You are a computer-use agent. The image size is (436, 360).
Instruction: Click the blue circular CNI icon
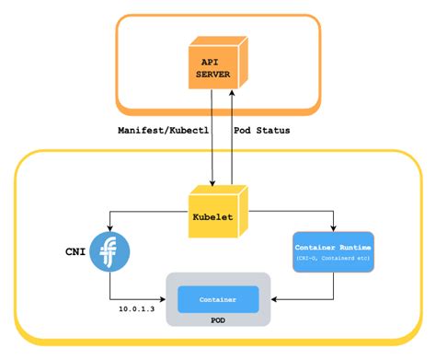(109, 251)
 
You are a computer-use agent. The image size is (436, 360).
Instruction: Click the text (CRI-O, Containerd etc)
(333, 259)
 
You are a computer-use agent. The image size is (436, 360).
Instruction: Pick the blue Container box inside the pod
(218, 299)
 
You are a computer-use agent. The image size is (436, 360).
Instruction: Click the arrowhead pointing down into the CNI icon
(109, 229)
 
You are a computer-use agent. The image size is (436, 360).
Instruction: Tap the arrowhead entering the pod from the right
(275, 299)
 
